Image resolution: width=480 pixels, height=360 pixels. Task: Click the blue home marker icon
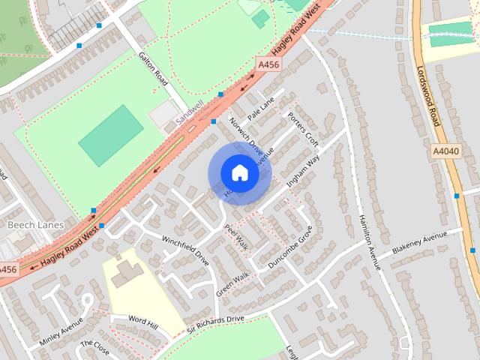(239, 173)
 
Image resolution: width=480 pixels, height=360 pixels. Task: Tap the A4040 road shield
(445, 151)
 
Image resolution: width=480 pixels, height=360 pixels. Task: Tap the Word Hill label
(143, 322)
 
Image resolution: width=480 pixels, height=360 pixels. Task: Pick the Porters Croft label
(303, 128)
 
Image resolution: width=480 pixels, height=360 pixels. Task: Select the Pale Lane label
(262, 107)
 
